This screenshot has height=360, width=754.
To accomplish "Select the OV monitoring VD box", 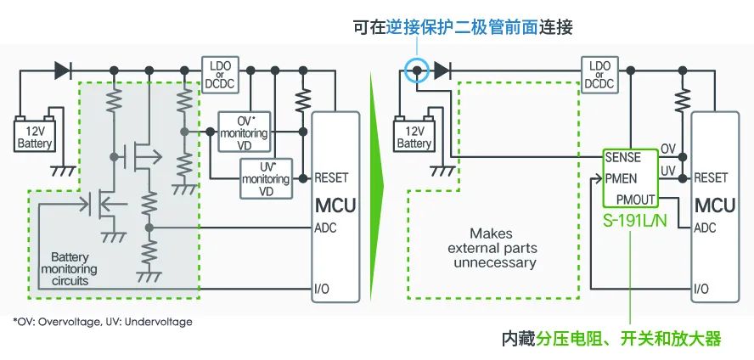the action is tap(245, 132).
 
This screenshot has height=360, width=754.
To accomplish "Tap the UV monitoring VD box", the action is tap(266, 178).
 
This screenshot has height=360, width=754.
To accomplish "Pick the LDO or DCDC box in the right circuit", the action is tap(599, 75).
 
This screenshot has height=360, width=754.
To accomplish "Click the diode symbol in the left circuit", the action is tap(63, 70).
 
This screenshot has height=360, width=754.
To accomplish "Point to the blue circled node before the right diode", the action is tap(416, 70).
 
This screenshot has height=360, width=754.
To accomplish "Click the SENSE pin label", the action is tap(622, 158).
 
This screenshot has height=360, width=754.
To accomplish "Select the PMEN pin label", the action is tap(621, 179).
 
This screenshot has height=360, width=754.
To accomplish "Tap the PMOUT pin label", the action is tap(635, 199).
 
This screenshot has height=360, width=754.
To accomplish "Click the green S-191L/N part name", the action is tap(635, 221).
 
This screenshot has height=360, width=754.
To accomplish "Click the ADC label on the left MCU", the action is tap(325, 228).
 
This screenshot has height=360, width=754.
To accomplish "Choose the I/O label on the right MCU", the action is tap(701, 289).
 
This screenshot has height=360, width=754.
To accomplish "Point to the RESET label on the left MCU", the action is tap(331, 177).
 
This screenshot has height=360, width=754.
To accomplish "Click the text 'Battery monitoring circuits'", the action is tap(70, 269).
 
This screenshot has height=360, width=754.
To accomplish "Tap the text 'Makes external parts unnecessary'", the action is tap(491, 249).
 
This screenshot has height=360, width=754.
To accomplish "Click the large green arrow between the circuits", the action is tap(377, 186).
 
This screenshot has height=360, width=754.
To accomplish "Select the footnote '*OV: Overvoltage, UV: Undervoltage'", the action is tap(103, 322).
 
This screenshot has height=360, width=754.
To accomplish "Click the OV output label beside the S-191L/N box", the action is tap(668, 149).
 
